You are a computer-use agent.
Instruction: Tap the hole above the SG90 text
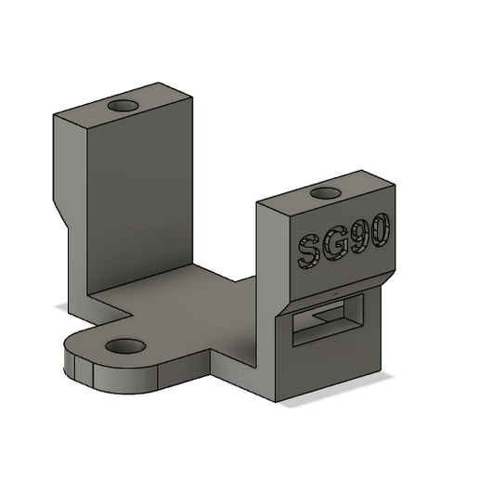(x=326, y=193)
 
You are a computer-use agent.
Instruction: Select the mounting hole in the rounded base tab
(x=125, y=346)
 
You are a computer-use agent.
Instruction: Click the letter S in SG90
(x=308, y=251)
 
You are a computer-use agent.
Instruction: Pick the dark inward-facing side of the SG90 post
(x=265, y=269)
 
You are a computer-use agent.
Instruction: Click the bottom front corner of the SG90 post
(x=279, y=402)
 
